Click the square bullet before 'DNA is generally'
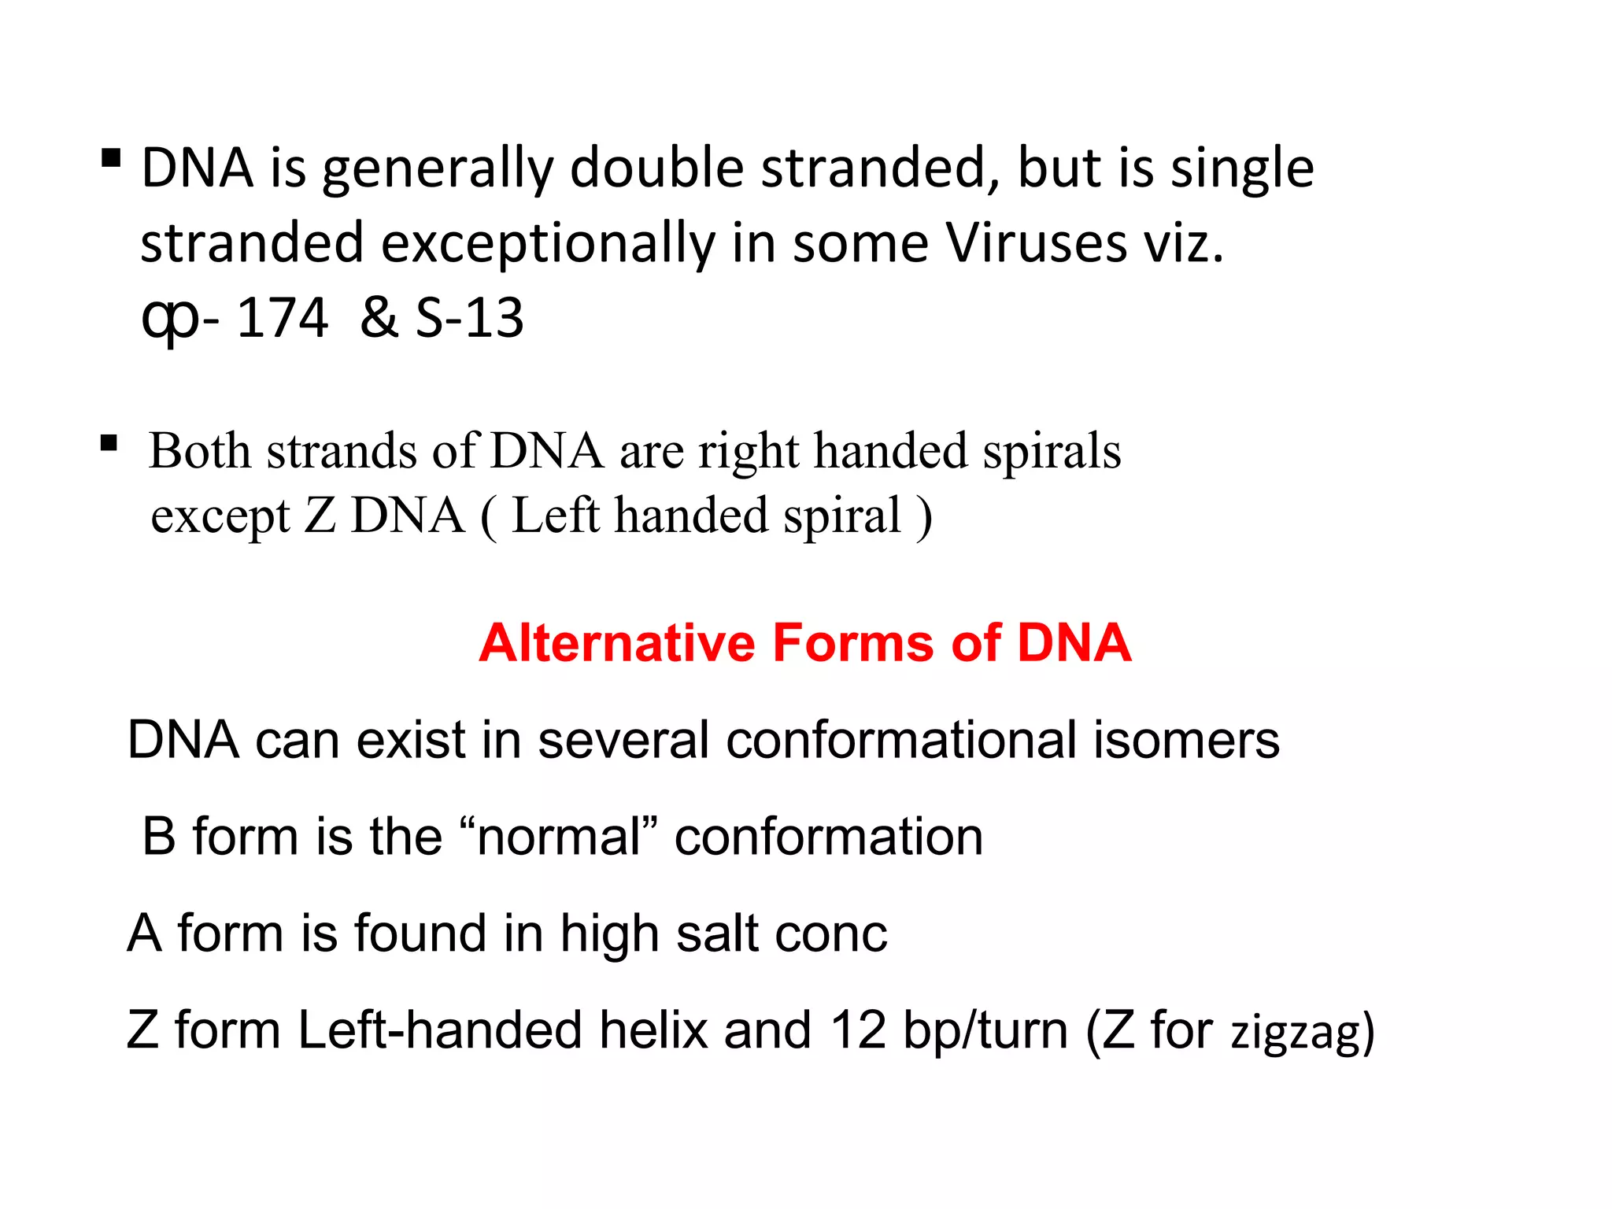tap(111, 159)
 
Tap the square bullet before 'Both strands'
tap(109, 444)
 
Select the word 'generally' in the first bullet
tap(438, 170)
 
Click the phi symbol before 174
tap(169, 320)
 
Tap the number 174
tap(282, 318)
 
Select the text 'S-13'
tap(470, 318)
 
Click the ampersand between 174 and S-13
tap(379, 318)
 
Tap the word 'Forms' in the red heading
tap(853, 643)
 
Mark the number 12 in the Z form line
tap(858, 1030)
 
